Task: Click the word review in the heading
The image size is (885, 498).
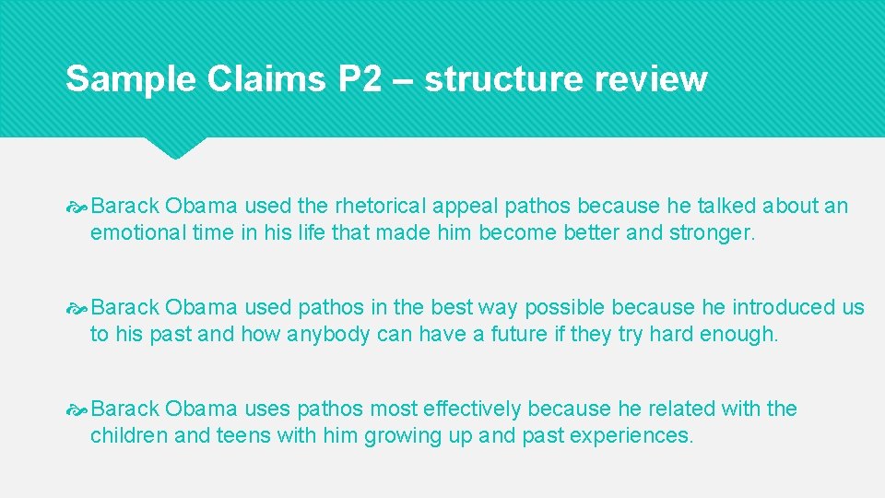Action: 651,79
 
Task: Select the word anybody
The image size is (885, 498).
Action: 329,335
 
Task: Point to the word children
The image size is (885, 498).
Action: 128,436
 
